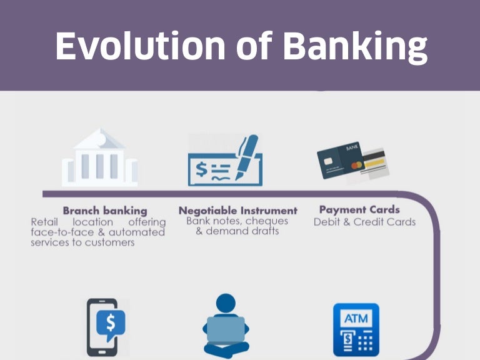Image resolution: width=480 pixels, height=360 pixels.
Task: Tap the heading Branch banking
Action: pos(105,211)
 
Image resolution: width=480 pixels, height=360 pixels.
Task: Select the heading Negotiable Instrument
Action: pos(237,211)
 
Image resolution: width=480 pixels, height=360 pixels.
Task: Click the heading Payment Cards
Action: pos(359,210)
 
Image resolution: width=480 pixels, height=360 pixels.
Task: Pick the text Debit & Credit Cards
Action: pos(364,222)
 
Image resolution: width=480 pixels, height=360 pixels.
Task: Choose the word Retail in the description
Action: pos(46,222)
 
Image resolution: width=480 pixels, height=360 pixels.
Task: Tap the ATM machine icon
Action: pos(356,329)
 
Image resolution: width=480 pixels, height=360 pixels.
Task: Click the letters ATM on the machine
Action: pos(356,319)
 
